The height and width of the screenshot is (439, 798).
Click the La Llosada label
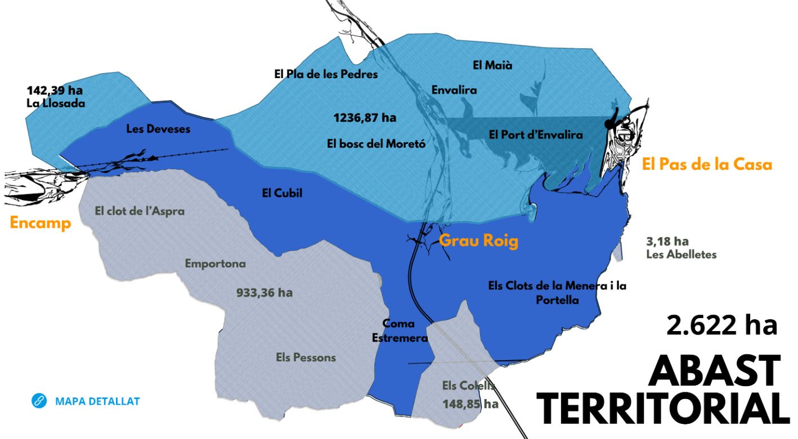tap(55, 103)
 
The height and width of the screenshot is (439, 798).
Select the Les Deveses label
tap(158, 129)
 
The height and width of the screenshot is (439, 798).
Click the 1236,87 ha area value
tap(365, 118)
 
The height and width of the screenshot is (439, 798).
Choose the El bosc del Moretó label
tap(376, 143)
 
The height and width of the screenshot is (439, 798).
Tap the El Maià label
tap(492, 65)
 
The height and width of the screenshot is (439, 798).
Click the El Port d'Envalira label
tap(536, 134)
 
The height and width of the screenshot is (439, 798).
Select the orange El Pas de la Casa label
tap(707, 165)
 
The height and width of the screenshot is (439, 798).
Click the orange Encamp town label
tap(41, 223)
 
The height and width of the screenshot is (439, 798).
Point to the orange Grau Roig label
tap(478, 241)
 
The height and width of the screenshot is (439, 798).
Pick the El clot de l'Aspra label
tap(140, 211)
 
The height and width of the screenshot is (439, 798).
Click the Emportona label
tap(216, 263)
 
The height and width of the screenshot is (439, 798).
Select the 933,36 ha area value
tap(263, 292)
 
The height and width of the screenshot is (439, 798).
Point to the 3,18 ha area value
tap(668, 242)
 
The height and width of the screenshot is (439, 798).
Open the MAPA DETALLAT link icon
tap(39, 401)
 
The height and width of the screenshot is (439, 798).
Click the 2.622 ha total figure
tap(721, 325)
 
